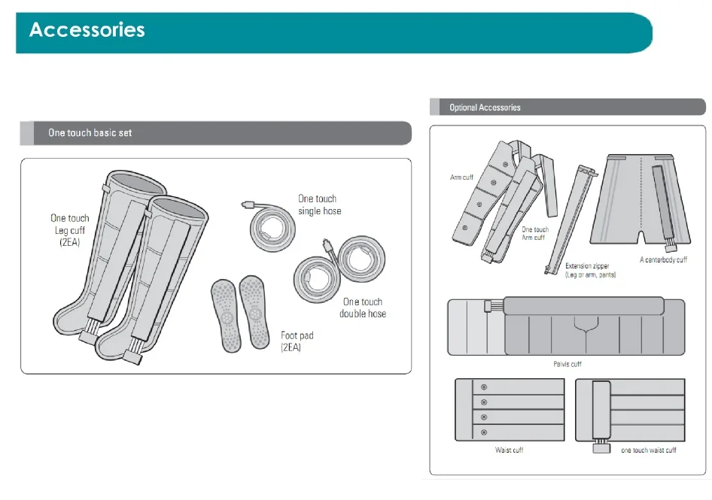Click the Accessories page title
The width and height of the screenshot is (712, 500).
point(87,30)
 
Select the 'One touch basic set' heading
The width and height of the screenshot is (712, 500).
point(90,133)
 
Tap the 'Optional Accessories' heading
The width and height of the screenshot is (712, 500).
point(485,108)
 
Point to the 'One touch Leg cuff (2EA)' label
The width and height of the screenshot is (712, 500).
point(70,230)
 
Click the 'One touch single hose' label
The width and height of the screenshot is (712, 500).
point(319,205)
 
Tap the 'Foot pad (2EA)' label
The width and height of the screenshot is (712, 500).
point(297,341)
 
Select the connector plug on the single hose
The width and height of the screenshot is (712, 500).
point(249,204)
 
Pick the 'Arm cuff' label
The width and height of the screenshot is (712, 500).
point(461,177)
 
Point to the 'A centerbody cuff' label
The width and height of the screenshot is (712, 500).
point(663,260)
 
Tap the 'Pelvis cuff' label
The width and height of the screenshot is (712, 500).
point(567,364)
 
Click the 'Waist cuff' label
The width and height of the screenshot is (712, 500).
point(510,450)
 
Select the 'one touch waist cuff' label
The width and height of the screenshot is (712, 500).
point(649,450)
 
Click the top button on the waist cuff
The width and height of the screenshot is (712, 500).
point(484,387)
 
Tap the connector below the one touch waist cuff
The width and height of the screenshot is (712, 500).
point(600,449)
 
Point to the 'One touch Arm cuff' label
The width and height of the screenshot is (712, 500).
point(534,233)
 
